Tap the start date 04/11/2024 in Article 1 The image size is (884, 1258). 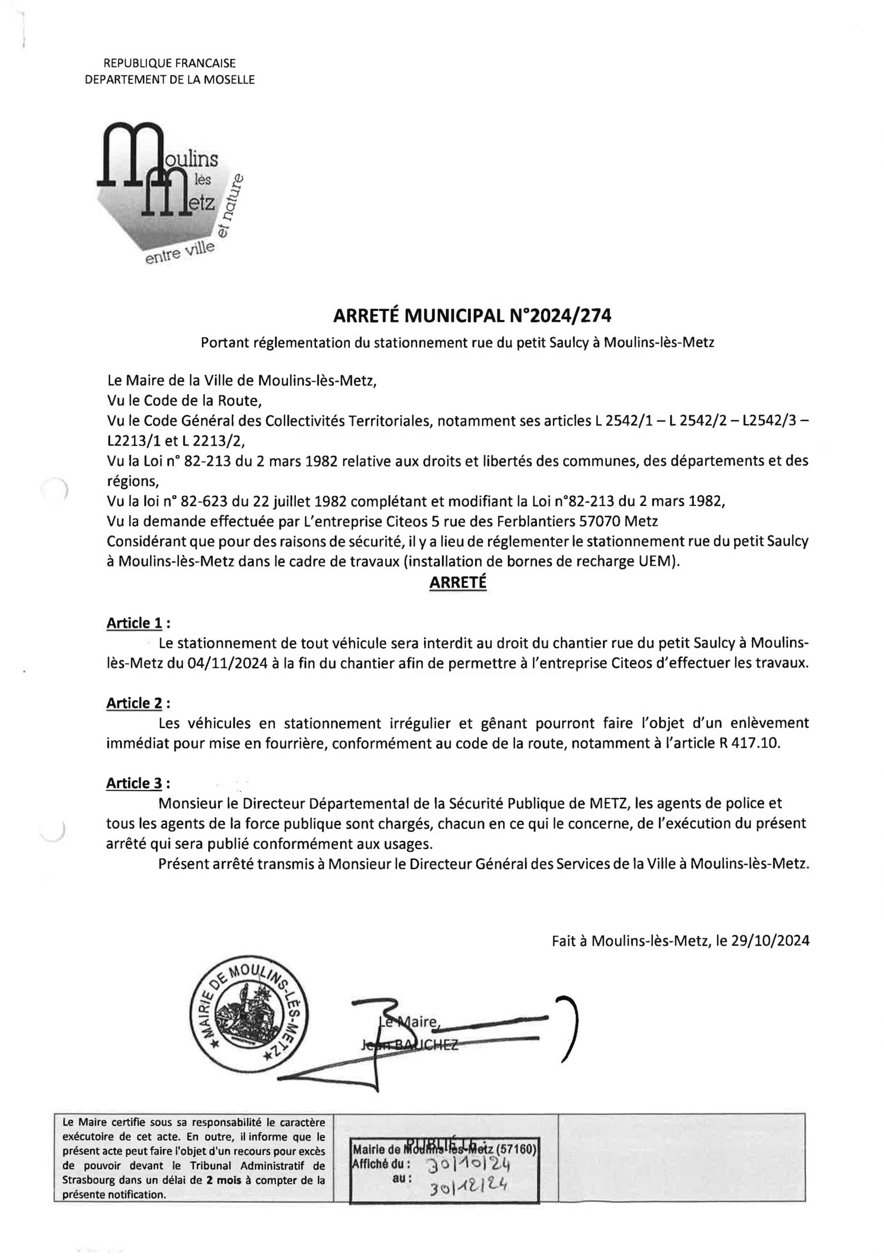coord(232,663)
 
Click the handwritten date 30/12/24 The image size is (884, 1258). coord(467,1186)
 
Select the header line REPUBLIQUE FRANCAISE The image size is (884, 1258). coord(170,63)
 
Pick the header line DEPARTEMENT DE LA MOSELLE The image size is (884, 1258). coord(170,80)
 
